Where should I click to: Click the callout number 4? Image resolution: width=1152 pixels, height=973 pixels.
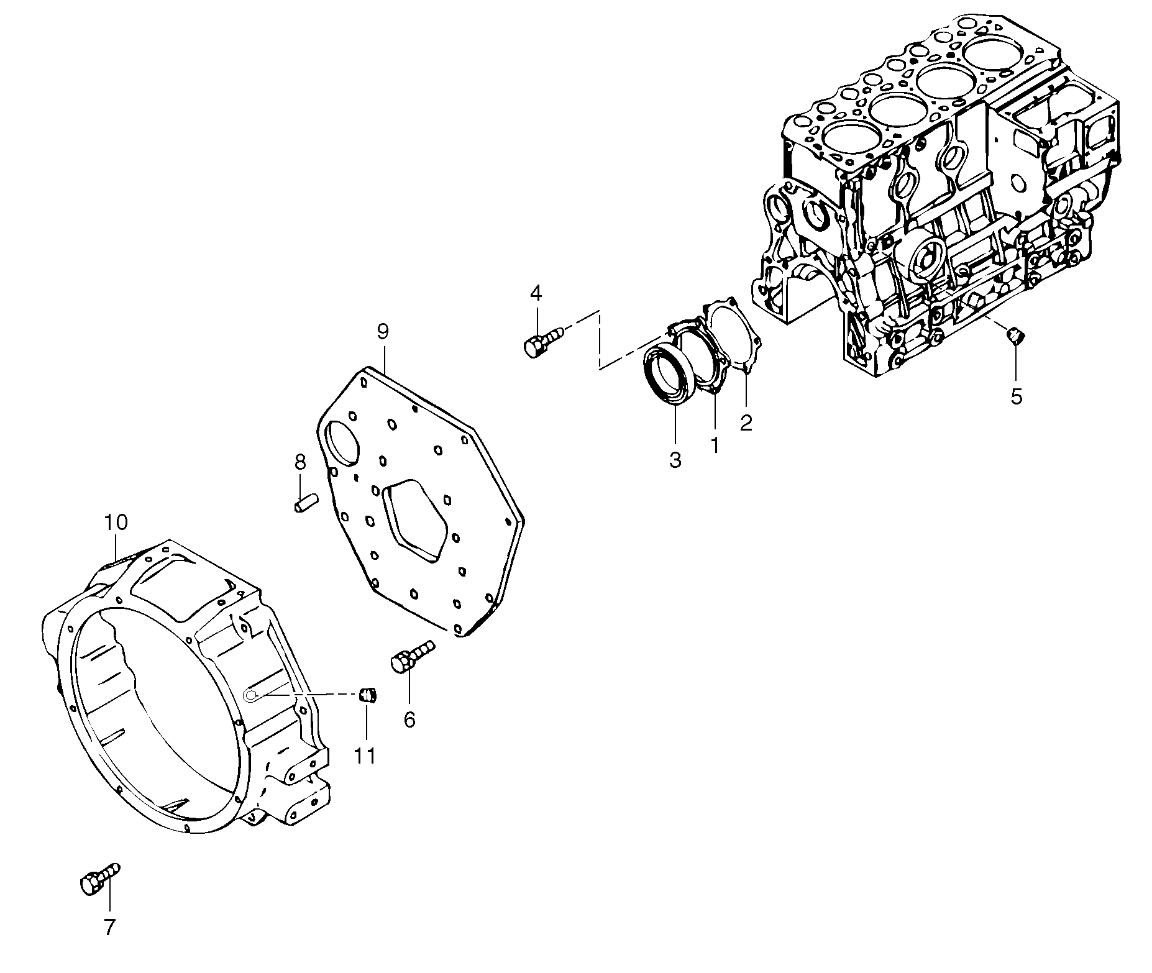pos(536,292)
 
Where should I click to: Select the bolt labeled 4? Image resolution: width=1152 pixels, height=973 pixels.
pos(542,342)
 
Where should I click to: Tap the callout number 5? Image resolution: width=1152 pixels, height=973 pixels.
pos(1016,396)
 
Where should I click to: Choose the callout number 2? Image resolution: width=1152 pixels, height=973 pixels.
pos(746,423)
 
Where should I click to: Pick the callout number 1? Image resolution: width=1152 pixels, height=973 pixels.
pos(715,444)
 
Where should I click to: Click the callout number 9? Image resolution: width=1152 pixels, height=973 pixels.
pos(383,331)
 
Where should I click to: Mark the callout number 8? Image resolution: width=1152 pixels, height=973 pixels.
pos(300,462)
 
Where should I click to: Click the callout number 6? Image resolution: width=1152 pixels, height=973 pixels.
pos(409,719)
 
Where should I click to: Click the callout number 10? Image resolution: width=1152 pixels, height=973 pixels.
pos(116,522)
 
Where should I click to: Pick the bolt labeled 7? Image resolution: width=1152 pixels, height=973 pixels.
pos(98,878)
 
